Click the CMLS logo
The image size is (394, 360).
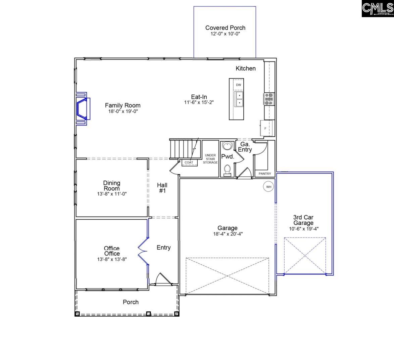click(x=377, y=9)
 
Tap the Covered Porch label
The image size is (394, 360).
click(x=225, y=28)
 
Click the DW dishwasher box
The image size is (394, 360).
click(x=238, y=85)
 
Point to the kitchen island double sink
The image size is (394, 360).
click(x=240, y=99)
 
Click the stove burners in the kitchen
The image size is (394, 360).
click(x=269, y=99)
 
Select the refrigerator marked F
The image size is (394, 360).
click(x=265, y=128)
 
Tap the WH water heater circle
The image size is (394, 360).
click(x=268, y=187)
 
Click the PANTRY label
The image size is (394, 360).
click(x=265, y=174)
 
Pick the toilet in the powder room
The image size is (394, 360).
click(x=227, y=170)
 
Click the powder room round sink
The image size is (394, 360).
click(x=227, y=146)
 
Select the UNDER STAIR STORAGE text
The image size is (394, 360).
click(x=210, y=159)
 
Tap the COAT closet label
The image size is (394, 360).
click(x=189, y=163)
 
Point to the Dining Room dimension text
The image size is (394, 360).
click(x=112, y=194)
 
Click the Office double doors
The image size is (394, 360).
click(x=143, y=250)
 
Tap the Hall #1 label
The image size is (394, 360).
click(x=162, y=188)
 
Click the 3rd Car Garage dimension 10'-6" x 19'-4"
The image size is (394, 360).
click(x=303, y=229)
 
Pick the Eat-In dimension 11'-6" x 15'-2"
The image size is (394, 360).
click(x=199, y=102)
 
